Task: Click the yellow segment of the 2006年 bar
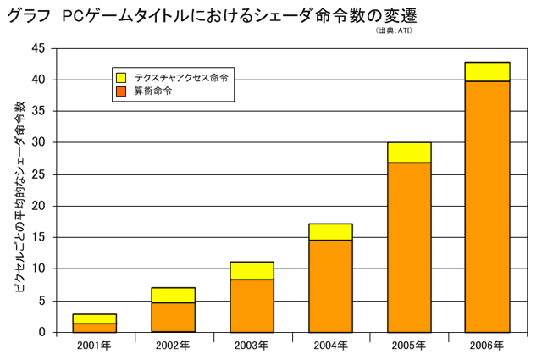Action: coord(487,71)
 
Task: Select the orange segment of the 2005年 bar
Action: coord(409,246)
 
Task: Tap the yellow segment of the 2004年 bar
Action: coord(330,231)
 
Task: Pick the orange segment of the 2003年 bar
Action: coord(252,305)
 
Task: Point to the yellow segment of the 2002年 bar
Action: coord(174,295)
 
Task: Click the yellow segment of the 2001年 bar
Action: coord(95,318)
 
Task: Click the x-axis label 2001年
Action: coord(94,346)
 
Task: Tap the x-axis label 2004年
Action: coord(330,346)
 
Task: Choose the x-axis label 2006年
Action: coord(487,346)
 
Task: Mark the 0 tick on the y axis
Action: coord(41,332)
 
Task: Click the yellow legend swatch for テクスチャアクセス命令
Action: coord(121,77)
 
